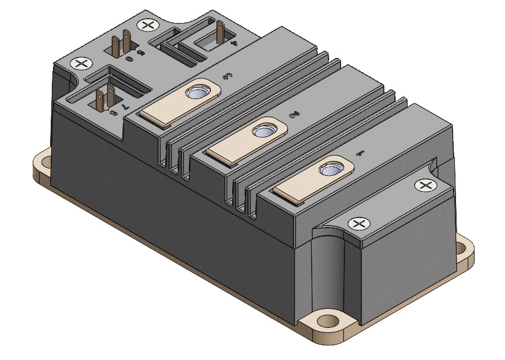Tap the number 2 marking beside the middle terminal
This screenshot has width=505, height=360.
click(293, 115)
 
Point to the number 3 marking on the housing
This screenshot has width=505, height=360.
click(228, 77)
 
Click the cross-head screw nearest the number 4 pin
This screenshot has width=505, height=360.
click(148, 25)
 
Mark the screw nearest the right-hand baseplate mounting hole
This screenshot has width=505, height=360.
click(423, 185)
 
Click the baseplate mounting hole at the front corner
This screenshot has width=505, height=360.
click(325, 322)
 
